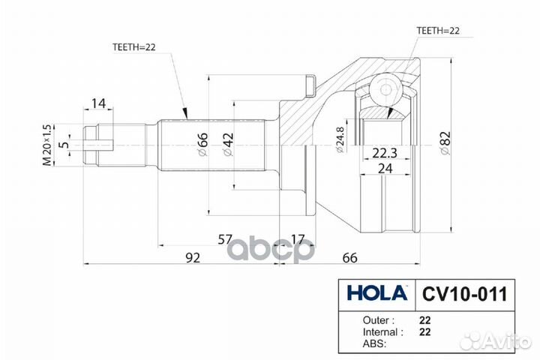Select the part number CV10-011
pyautogui.click(x=463, y=292)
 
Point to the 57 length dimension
pyautogui.click(x=225, y=239)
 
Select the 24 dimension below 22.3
pyautogui.click(x=384, y=169)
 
